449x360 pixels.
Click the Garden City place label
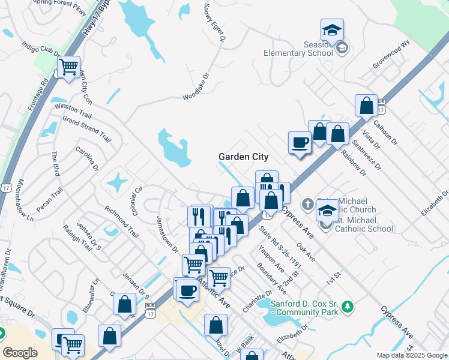[x=243, y=157]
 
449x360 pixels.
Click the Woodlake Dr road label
[x=198, y=87]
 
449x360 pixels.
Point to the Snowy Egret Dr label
[x=214, y=23]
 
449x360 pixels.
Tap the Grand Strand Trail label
[x=87, y=128]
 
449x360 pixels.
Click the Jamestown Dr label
[x=167, y=233]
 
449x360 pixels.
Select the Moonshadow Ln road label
[x=20, y=197]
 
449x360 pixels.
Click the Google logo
[x=20, y=352]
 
